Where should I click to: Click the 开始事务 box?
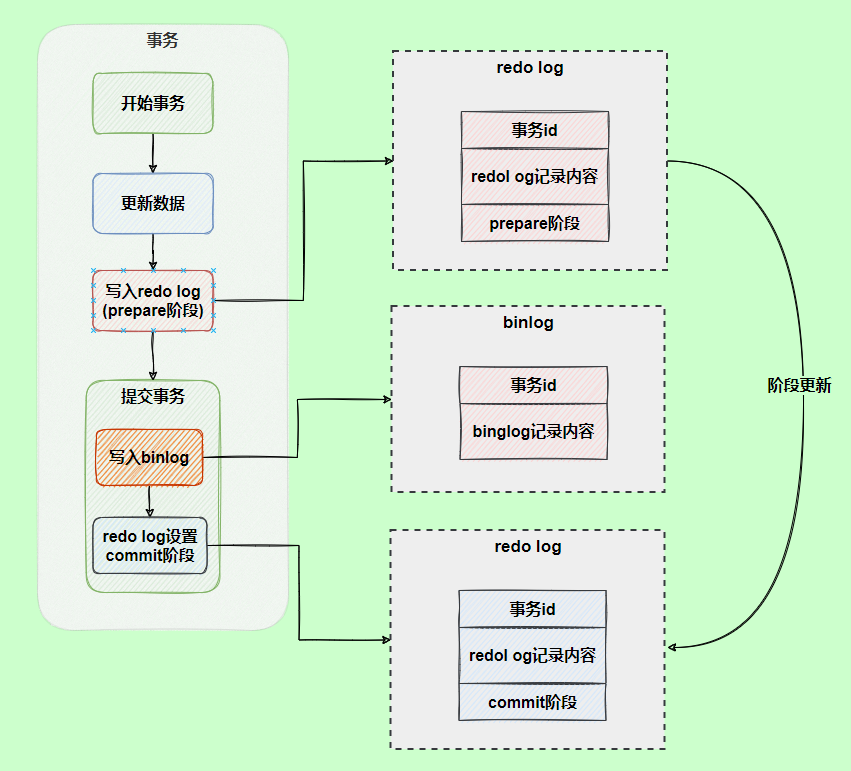tap(152, 103)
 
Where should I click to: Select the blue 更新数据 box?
tap(152, 203)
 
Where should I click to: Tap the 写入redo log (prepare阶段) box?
tap(152, 301)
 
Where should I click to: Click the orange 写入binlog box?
tap(149, 457)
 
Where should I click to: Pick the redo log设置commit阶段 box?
tap(149, 545)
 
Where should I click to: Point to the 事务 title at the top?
tap(162, 41)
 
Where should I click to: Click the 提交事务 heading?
tap(152, 396)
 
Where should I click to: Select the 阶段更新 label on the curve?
tap(799, 385)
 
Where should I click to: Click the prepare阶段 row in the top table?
tap(534, 223)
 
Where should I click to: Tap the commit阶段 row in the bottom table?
tap(532, 702)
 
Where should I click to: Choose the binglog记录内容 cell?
tap(533, 432)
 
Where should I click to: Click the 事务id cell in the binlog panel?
tap(533, 385)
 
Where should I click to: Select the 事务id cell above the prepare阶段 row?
tap(534, 130)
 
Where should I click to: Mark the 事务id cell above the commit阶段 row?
tap(532, 609)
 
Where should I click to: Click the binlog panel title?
tap(528, 323)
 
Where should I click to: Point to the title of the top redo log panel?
tap(529, 68)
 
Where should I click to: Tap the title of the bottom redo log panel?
tap(527, 547)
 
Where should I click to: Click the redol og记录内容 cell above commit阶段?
tap(532, 655)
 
